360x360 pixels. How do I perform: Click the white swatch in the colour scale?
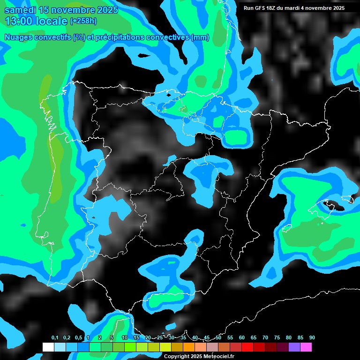pos(48,347)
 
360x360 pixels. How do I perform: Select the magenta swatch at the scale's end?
pos(306,347)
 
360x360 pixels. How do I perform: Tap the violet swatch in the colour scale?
pos(294,347)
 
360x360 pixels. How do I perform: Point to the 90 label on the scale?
pos(312,337)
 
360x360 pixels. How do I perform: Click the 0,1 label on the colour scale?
pos(55,337)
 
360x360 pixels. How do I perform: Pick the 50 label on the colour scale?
pos(218,337)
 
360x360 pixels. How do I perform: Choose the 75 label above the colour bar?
pos(277,337)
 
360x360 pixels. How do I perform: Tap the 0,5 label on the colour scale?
pos(78,337)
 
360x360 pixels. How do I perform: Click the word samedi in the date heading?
pos(21,9)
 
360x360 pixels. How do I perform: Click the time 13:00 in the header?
pos(19,21)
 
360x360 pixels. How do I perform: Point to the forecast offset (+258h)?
pos(83,21)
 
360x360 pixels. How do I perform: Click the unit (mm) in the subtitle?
pos(200,37)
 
